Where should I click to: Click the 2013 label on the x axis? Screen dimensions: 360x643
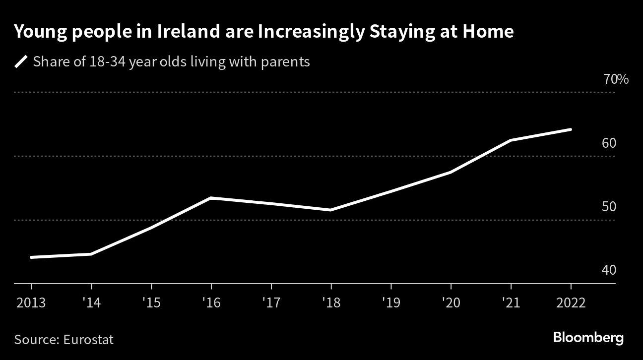tap(31, 303)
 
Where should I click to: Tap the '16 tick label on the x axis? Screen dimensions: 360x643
tap(211, 303)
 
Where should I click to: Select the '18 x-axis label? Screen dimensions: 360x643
tap(331, 303)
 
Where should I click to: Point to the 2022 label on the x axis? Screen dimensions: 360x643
tap(571, 303)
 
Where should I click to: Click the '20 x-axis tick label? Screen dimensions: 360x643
tap(450, 303)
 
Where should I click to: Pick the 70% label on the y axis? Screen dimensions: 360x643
tap(616, 79)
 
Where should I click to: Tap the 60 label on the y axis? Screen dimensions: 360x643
tap(609, 143)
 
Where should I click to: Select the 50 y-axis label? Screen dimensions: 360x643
tap(609, 207)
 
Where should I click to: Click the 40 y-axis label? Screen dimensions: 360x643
tap(609, 270)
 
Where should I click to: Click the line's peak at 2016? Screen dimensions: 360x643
tap(211, 198)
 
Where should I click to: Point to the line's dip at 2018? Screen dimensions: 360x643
tap(331, 210)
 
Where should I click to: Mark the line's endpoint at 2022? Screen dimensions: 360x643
tap(571, 129)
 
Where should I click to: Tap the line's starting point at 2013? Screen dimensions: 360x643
tap(31, 257)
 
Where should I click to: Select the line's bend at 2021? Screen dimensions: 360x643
tap(511, 140)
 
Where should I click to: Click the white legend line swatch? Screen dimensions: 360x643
tap(21, 62)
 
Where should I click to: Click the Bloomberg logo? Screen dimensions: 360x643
tap(588, 339)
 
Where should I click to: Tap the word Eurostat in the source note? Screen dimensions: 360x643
tap(88, 340)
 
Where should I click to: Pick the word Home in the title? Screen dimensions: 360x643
tap(488, 32)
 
